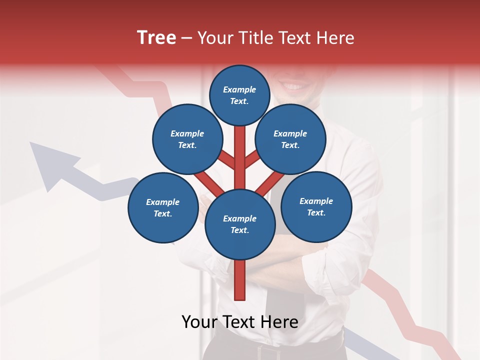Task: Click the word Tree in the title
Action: [x=156, y=38]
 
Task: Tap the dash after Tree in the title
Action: [x=186, y=38]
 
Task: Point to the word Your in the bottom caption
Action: [x=199, y=321]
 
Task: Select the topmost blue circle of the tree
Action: [x=239, y=95]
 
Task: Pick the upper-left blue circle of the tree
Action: [x=187, y=139]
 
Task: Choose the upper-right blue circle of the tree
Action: [x=290, y=139]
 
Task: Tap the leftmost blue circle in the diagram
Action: [x=163, y=207]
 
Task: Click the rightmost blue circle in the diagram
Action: [x=316, y=206]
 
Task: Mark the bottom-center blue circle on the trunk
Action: [x=240, y=224]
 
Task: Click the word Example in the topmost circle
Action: [x=239, y=89]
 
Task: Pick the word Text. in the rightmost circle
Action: [x=316, y=212]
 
